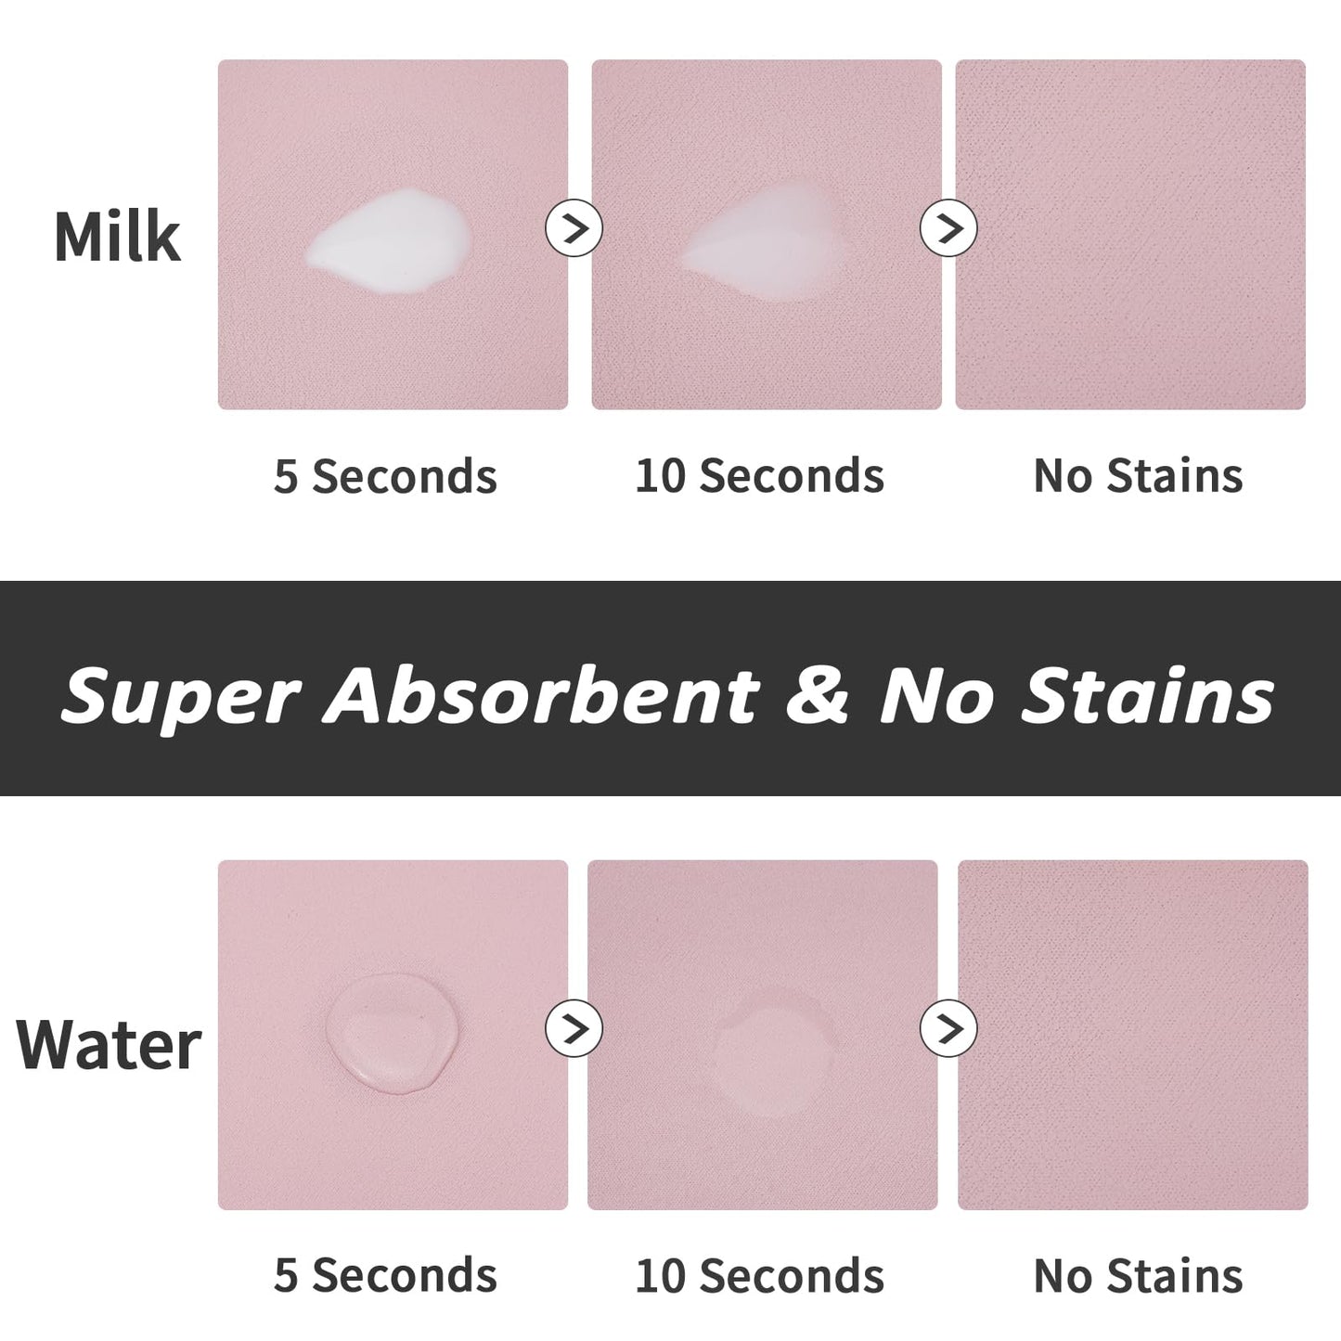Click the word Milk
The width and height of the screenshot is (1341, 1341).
click(x=117, y=238)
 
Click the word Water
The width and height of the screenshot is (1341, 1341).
click(x=109, y=1044)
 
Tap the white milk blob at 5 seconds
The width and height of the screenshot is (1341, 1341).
click(x=388, y=239)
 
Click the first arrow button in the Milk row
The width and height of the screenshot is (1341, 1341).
click(x=574, y=227)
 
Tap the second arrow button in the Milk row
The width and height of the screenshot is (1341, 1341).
click(x=948, y=227)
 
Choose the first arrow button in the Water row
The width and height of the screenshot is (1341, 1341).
click(x=574, y=1028)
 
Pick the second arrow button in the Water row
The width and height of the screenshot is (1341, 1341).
click(x=948, y=1028)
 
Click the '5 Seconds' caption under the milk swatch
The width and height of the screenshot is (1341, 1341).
click(x=385, y=476)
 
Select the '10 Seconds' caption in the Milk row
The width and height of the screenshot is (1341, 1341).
click(x=759, y=476)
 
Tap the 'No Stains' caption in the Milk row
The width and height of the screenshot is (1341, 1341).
click(x=1138, y=476)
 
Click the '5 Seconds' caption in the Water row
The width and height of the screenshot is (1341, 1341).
click(x=385, y=1276)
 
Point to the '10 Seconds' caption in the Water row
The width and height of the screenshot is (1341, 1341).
click(x=759, y=1276)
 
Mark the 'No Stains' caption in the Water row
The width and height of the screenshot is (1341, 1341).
click(x=1138, y=1276)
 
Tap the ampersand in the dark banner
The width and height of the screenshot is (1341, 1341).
click(x=818, y=696)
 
